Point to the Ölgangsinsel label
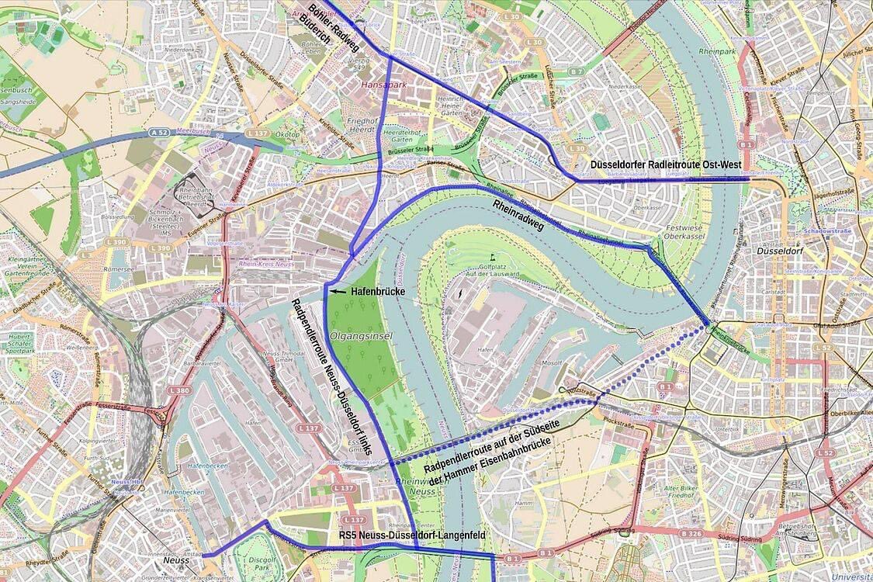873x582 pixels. click(x=361, y=336)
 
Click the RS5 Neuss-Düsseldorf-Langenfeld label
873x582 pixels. click(x=412, y=535)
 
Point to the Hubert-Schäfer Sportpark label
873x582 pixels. click(x=20, y=342)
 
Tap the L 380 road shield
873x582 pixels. click(x=178, y=390)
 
